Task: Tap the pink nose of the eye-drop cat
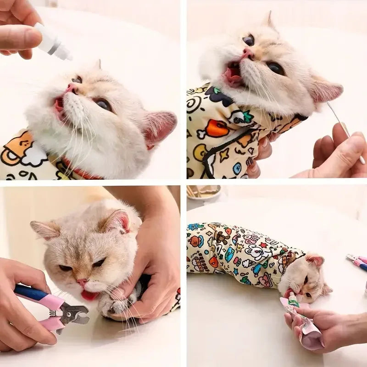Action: point(72,88)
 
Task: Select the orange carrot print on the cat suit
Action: point(217,128)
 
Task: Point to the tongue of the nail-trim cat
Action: point(89,295)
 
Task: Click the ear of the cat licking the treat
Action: point(315,261)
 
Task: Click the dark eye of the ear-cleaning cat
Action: point(277,68)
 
